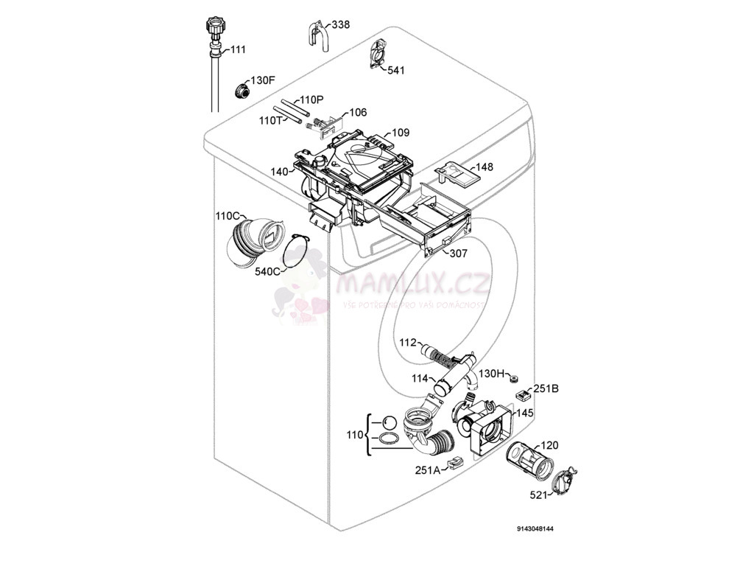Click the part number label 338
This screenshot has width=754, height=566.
(x=340, y=25)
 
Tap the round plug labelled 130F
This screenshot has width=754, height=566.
(x=241, y=91)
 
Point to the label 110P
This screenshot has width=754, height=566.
(x=311, y=99)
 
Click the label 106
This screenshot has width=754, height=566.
(x=358, y=113)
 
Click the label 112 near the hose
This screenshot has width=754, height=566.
(x=408, y=343)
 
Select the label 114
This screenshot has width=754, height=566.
(x=420, y=379)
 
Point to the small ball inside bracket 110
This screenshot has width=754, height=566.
(x=389, y=423)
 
